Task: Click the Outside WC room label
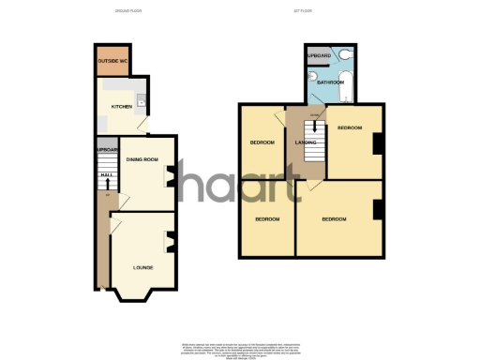(x=111, y=62)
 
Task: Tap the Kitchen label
(x=122, y=107)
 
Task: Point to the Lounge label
(x=143, y=268)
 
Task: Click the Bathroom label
(x=331, y=82)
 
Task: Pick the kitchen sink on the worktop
(x=140, y=99)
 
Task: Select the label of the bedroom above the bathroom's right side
(x=350, y=127)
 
